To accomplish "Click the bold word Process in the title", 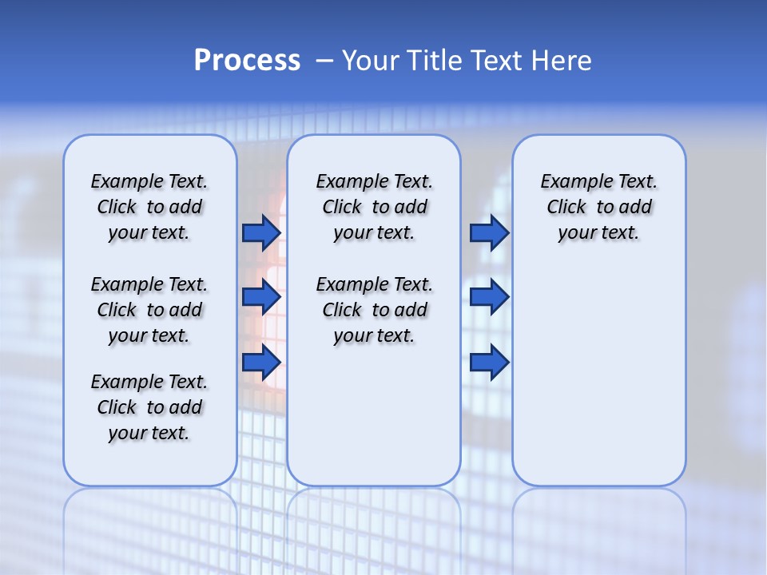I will (247, 61).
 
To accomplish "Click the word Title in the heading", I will (435, 61).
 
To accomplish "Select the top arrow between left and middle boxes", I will (260, 232).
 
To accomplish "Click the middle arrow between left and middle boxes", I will (260, 297).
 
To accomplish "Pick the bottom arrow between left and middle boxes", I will (260, 362).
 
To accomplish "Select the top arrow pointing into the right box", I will (489, 232).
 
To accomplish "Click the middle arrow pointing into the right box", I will (489, 297).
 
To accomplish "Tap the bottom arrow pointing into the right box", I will (489, 362).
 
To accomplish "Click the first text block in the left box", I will (149, 207).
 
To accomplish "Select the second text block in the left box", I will (149, 310).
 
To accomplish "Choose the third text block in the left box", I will (149, 407).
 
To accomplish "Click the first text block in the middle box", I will (374, 207).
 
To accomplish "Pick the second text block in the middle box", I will (374, 310).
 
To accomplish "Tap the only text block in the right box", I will (598, 207).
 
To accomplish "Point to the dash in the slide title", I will (324, 61).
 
